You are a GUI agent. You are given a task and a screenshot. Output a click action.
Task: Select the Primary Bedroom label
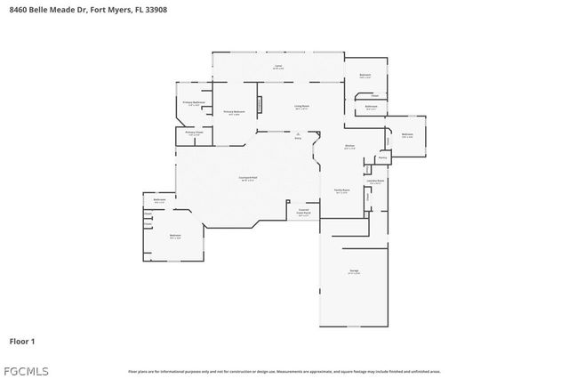[x=233, y=113]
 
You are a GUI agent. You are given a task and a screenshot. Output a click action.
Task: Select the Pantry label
[x=381, y=157]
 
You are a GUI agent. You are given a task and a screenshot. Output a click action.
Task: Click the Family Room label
[x=341, y=191]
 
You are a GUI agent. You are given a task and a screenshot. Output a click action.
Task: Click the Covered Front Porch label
[x=304, y=213]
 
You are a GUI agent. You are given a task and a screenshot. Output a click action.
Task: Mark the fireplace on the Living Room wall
[x=260, y=103]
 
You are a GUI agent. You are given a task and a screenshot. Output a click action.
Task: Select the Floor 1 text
[x=22, y=341]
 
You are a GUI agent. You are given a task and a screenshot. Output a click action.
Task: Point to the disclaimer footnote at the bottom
[x=284, y=371]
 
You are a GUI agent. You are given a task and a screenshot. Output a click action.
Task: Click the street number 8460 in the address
[x=16, y=9]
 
